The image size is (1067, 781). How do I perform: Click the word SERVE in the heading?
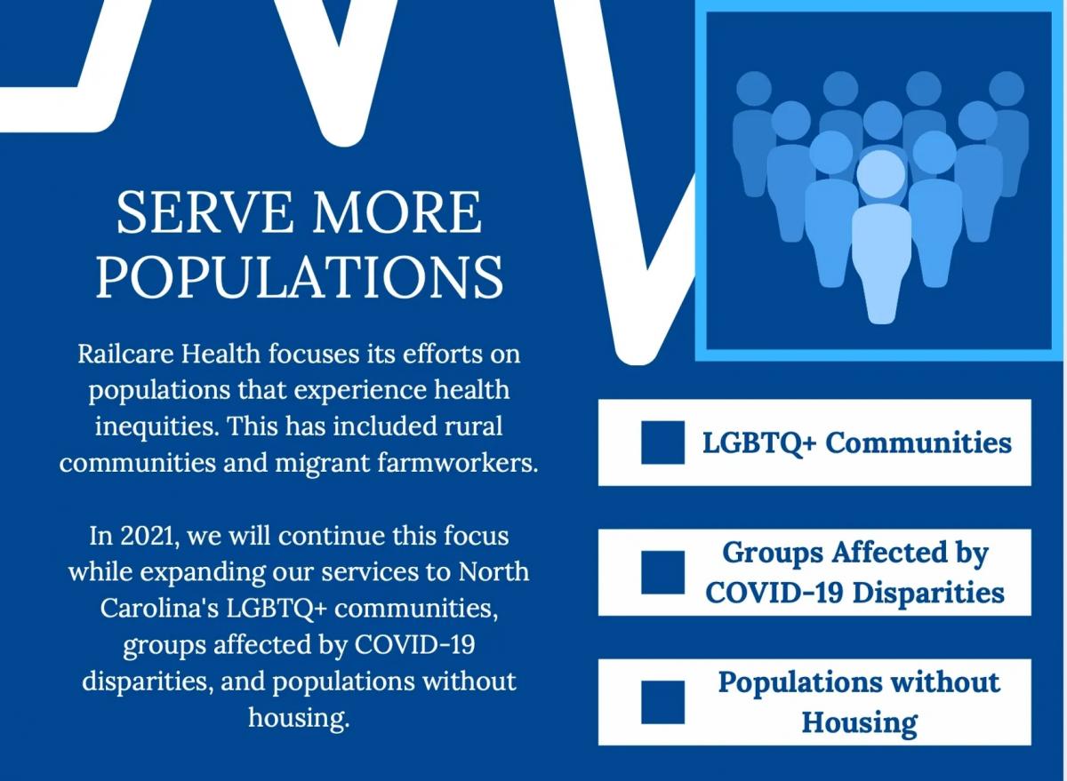click(205, 212)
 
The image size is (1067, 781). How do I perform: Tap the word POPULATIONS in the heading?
click(300, 277)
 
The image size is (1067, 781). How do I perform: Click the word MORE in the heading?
click(397, 212)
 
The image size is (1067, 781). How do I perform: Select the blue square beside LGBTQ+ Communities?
click(662, 442)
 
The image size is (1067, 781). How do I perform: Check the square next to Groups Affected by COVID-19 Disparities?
click(662, 572)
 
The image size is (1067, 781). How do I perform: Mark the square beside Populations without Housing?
click(662, 702)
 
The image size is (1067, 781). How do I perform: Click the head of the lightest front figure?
click(881, 174)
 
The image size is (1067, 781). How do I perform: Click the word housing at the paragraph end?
click(299, 719)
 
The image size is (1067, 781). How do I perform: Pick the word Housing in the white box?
click(859, 723)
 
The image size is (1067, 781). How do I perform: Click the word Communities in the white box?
click(919, 442)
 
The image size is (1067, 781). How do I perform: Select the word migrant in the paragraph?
click(323, 464)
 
